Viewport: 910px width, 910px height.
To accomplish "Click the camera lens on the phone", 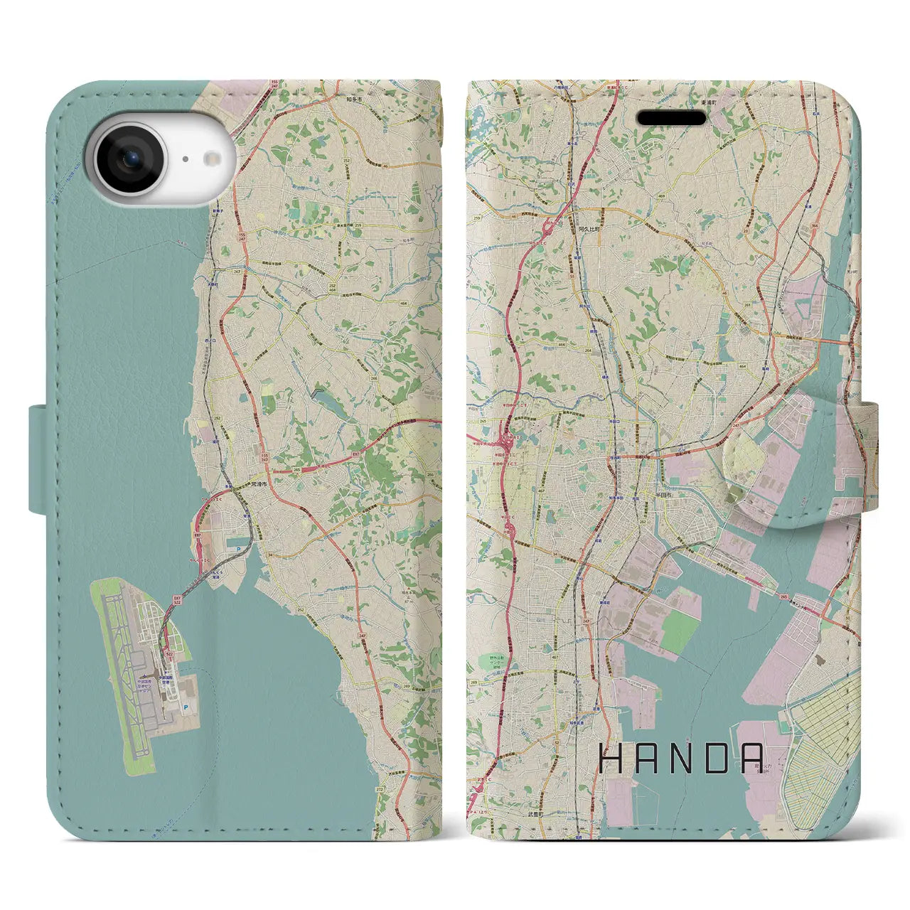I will coord(129,159).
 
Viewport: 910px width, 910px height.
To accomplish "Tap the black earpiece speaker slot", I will coord(671,117).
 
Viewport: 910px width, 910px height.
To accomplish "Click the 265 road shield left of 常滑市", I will coord(296,470).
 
